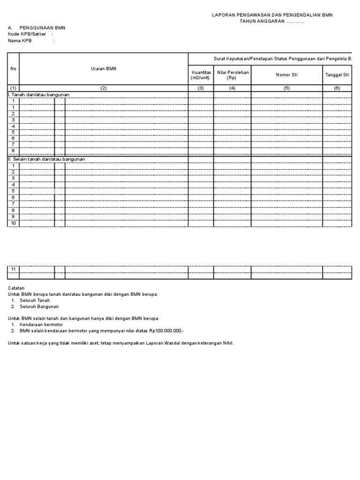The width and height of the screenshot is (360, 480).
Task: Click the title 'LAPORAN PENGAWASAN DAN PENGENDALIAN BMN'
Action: (x=272, y=15)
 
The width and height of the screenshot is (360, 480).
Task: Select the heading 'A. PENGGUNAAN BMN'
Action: (x=37, y=28)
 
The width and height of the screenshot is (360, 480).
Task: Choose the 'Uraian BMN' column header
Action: (x=104, y=68)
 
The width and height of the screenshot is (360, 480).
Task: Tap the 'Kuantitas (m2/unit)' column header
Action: (x=201, y=75)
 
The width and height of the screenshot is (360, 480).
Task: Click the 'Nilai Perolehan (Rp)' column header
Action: (x=232, y=75)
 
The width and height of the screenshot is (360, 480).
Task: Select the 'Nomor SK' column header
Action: (x=286, y=75)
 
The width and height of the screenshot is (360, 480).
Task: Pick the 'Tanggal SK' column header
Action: (x=337, y=75)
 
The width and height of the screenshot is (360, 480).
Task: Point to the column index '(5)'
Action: (x=286, y=88)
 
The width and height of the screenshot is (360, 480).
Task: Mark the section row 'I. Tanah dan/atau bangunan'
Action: (x=38, y=95)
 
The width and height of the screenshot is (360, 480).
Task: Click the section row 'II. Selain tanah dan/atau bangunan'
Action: (x=47, y=159)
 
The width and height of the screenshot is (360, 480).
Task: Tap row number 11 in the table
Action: (x=14, y=269)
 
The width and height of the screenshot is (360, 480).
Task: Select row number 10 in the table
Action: (x=14, y=223)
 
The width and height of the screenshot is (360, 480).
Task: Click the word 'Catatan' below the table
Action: (x=16, y=287)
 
